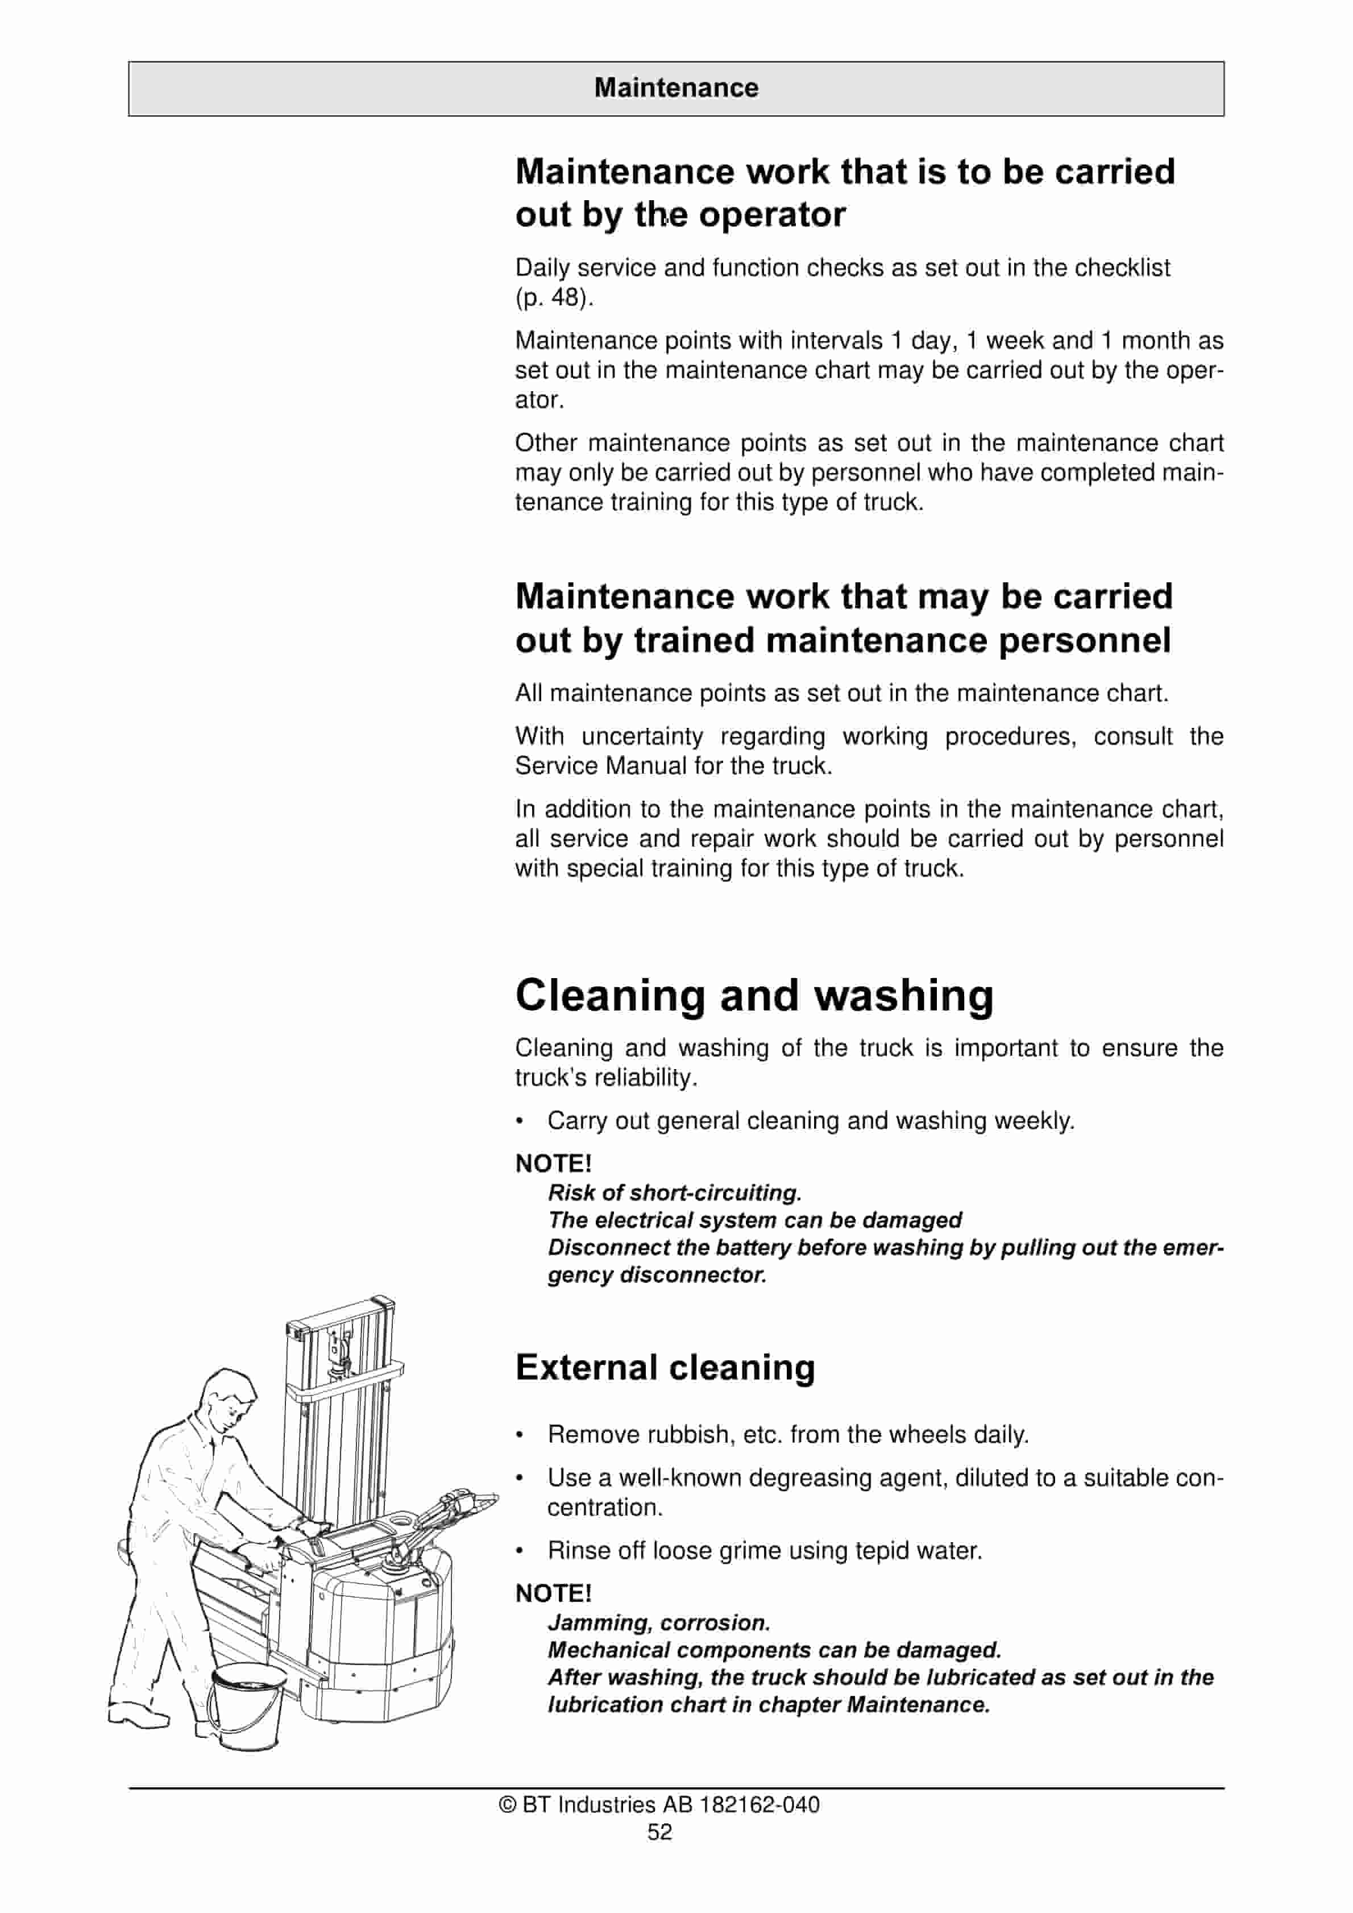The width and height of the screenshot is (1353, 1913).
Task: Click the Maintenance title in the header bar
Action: [x=676, y=88]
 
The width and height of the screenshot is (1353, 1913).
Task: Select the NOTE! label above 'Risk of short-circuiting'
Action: [x=553, y=1163]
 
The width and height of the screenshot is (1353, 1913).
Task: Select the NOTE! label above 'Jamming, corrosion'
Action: [x=553, y=1593]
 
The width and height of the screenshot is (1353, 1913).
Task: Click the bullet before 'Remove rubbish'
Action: [x=520, y=1435]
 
